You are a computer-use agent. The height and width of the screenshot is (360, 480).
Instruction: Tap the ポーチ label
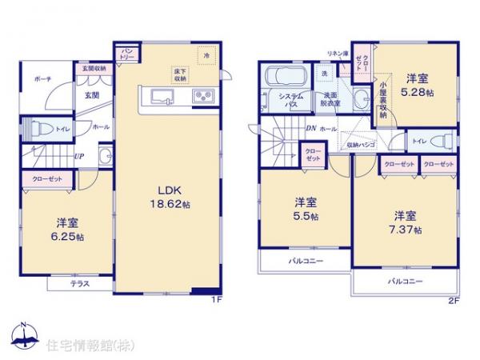pos(43,81)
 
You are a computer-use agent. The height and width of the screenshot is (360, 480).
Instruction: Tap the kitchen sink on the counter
pos(163,97)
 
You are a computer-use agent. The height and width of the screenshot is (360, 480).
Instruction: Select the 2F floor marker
pos(454,301)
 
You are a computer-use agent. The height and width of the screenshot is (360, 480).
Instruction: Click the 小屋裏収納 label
pos(383,100)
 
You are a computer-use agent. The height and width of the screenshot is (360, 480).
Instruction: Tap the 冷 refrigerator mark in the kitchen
pos(206,56)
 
